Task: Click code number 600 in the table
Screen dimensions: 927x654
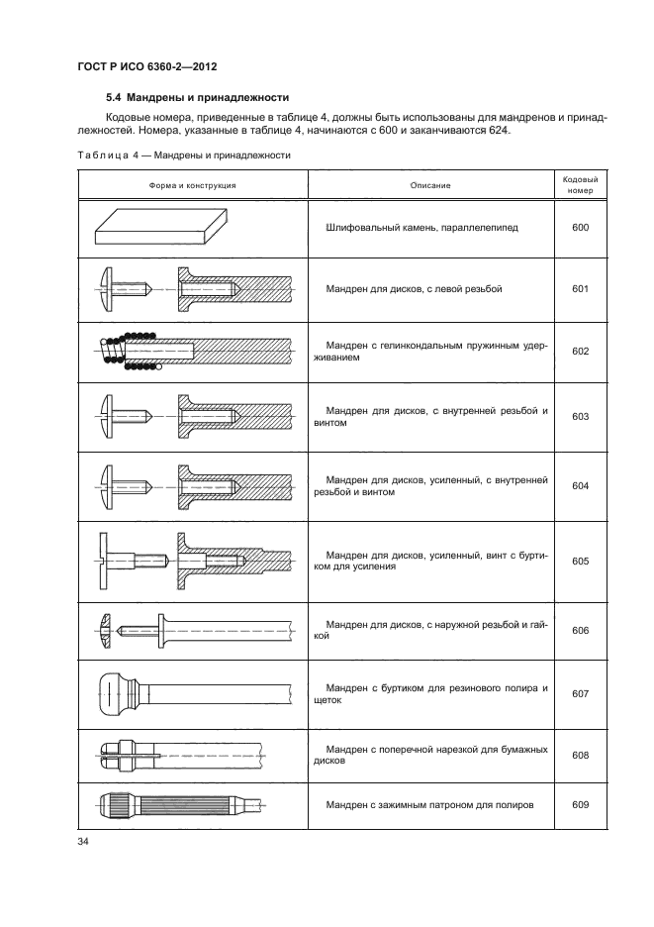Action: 580,228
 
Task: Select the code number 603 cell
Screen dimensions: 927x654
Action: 580,417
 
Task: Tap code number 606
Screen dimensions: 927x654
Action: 580,630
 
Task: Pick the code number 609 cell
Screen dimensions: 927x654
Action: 580,804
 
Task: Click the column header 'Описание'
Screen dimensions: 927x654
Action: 430,185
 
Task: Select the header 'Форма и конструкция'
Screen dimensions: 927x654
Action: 192,185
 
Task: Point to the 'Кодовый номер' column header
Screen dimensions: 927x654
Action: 580,185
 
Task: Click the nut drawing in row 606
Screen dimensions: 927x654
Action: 108,627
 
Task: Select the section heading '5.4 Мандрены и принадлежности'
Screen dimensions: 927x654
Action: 197,97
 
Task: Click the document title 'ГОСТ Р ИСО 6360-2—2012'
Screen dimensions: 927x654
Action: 146,66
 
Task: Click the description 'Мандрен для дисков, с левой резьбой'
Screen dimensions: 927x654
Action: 415,289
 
